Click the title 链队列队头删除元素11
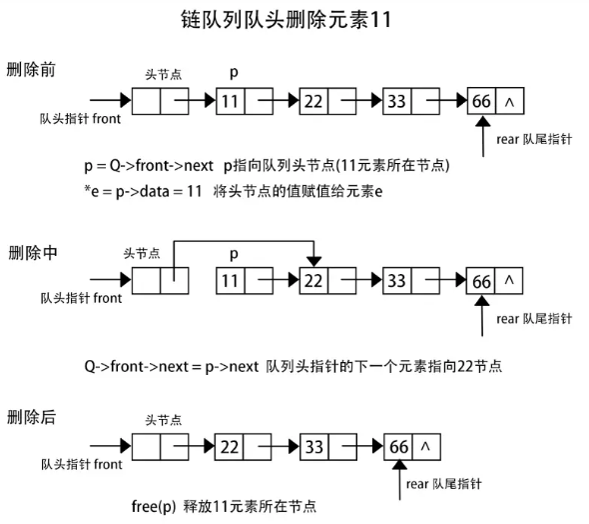click(294, 20)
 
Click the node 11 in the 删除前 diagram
click(231, 100)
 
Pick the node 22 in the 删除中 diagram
click(313, 281)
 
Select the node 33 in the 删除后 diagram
click(313, 446)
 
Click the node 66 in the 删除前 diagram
click(481, 100)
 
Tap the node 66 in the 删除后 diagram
click(399, 446)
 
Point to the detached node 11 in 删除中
click(231, 281)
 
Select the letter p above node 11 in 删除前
click(234, 72)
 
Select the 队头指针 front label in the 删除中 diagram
click(82, 299)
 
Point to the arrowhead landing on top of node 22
click(313, 261)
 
